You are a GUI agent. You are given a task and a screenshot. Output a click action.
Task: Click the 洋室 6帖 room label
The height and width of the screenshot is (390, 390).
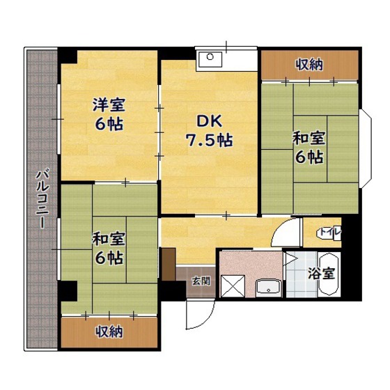109,114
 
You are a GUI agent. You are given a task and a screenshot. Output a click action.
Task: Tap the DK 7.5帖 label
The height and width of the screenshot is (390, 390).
209,131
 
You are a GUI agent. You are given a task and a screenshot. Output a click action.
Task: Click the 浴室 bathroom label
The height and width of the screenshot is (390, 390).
321,273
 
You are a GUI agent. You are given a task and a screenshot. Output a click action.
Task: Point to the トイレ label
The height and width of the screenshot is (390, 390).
330,232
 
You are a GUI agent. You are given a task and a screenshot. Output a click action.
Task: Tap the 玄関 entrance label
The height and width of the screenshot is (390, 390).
201,281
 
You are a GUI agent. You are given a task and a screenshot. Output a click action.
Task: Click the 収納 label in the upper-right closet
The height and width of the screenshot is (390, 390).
309,65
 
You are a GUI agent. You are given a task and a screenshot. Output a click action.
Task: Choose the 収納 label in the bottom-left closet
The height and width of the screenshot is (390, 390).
109,331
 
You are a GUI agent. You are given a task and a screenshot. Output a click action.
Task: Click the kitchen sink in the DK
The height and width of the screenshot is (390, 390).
210,59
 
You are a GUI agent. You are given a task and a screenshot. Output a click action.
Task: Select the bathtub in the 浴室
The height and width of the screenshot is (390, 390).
329,274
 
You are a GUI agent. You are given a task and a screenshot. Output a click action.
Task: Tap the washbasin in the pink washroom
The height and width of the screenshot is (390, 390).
268,288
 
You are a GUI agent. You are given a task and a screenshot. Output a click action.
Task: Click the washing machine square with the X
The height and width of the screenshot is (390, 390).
233,286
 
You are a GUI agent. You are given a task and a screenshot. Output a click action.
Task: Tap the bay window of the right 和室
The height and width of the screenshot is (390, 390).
366,148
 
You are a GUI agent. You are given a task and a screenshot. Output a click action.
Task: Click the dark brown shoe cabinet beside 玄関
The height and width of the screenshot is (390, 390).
169,264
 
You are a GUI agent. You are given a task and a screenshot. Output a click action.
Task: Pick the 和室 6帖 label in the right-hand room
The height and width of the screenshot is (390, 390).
309,148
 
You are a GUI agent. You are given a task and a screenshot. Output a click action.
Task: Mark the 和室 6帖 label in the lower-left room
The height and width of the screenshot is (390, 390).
109,248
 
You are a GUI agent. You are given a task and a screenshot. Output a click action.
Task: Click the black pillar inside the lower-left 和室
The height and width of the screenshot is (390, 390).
69,291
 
